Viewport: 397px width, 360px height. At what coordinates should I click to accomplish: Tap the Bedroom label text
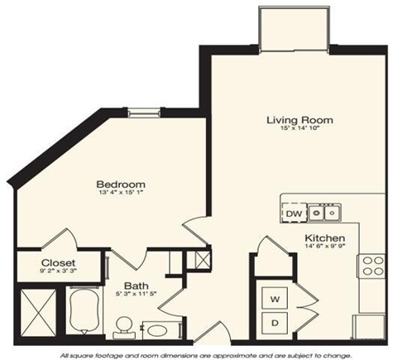point(120,184)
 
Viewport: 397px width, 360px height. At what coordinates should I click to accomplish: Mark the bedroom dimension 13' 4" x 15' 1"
point(120,194)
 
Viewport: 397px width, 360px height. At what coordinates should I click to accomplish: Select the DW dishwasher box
point(293,214)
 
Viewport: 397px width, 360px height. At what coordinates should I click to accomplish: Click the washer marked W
point(274,296)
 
